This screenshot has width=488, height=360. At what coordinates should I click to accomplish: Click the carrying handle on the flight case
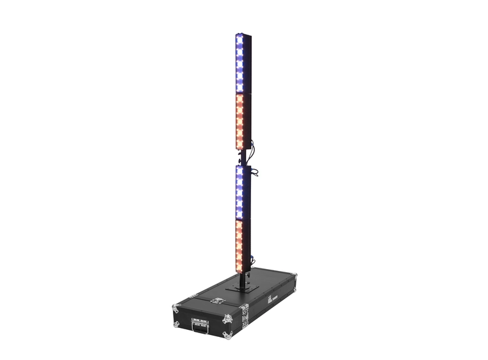click(x=200, y=327)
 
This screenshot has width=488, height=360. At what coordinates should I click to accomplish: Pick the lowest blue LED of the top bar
click(x=240, y=88)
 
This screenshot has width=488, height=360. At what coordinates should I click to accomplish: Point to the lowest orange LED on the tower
click(x=240, y=263)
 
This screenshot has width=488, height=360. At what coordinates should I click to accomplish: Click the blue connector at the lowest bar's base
click(x=252, y=260)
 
